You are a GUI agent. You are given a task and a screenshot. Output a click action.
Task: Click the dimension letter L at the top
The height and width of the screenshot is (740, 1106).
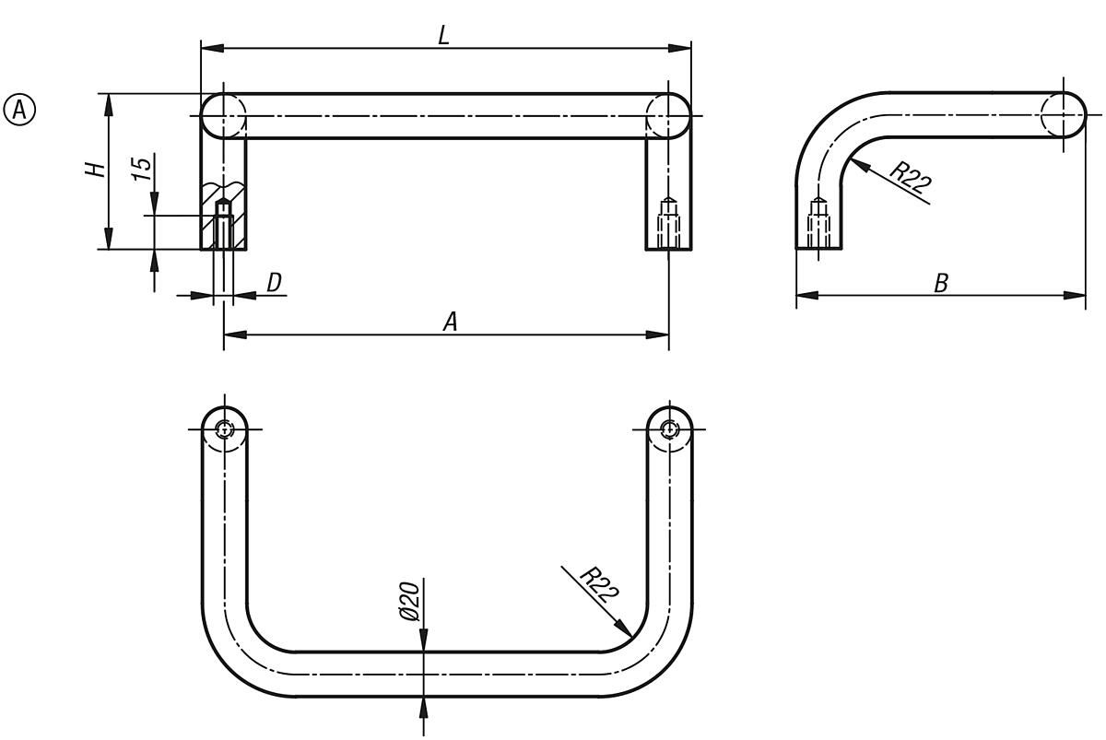tap(443, 35)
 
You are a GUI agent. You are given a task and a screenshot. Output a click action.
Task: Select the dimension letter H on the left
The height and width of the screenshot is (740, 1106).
tap(97, 170)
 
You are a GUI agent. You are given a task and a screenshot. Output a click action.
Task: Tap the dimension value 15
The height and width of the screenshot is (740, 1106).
tap(141, 167)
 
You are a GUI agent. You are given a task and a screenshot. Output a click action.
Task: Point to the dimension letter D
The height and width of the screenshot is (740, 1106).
tap(274, 283)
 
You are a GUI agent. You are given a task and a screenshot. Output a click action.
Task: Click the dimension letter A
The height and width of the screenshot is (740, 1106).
tap(450, 321)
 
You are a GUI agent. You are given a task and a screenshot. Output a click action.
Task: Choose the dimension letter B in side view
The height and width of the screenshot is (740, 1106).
tap(941, 283)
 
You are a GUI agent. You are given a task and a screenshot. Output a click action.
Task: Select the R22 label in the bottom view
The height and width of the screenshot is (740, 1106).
tap(599, 586)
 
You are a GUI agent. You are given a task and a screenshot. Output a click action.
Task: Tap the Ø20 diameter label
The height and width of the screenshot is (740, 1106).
tap(411, 601)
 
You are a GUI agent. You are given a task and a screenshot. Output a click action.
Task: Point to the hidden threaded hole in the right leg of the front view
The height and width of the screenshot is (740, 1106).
tap(669, 221)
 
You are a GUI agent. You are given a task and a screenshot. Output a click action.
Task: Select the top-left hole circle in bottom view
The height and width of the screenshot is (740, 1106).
tap(224, 429)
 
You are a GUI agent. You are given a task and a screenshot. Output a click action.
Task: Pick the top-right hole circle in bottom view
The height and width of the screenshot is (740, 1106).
tap(669, 429)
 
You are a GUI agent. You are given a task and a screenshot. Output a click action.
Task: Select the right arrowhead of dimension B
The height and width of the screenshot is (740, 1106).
tap(1077, 295)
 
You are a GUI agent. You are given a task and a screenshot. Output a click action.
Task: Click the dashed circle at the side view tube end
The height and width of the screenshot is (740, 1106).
tap(1063, 115)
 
